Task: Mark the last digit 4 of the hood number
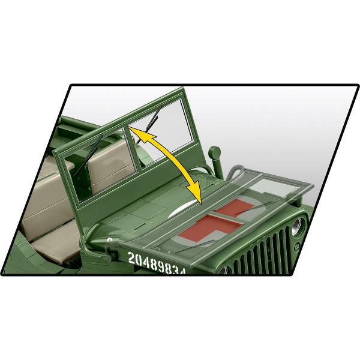[183, 272]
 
